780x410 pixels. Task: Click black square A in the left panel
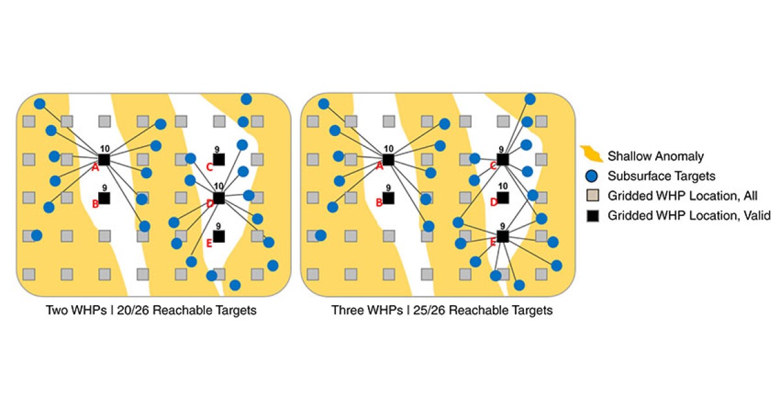(x=104, y=159)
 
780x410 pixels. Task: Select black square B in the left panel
(x=104, y=198)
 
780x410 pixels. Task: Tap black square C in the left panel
(x=219, y=159)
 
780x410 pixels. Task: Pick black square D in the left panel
(x=219, y=198)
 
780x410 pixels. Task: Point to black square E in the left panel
(x=219, y=236)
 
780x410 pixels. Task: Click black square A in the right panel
(x=388, y=159)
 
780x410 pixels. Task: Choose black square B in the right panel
(x=388, y=198)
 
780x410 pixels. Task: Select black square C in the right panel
(x=502, y=159)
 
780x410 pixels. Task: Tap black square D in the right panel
(x=502, y=198)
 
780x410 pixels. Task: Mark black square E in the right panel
(x=502, y=236)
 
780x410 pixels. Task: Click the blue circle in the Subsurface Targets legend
(x=592, y=176)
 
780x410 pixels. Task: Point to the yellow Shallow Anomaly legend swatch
(x=591, y=155)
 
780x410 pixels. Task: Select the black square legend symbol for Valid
(x=592, y=215)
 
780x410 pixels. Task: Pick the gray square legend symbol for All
(x=592, y=195)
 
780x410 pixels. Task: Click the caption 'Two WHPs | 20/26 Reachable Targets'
(x=151, y=310)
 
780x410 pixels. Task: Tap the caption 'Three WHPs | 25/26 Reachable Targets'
(x=442, y=310)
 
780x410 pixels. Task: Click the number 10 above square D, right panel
(x=502, y=186)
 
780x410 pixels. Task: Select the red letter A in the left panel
(x=95, y=167)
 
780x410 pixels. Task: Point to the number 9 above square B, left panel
(x=104, y=187)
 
